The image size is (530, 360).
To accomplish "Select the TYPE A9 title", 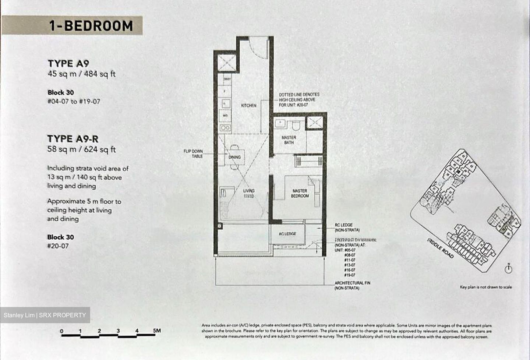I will [68, 63].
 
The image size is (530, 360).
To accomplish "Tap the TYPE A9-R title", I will [73, 139].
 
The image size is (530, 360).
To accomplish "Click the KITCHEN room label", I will [249, 106].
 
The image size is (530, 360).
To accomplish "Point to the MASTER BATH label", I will [289, 140].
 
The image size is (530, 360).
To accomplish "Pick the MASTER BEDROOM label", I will [300, 193].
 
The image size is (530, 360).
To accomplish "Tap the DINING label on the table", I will [234, 157].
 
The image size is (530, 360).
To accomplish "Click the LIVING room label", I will [249, 191].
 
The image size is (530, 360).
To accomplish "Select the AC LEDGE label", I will [287, 234].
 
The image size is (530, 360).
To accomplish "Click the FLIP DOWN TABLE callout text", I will [193, 153].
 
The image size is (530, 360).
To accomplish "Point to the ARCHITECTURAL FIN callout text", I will [352, 285].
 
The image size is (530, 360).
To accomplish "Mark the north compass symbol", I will [509, 269].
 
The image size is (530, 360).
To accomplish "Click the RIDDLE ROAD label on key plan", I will [441, 248].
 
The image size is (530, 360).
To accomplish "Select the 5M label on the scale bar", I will [157, 331].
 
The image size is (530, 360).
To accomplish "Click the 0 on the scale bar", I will [62, 331].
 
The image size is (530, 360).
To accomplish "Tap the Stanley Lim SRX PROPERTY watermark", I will [45, 315].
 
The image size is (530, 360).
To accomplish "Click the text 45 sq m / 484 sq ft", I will [81, 74].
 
